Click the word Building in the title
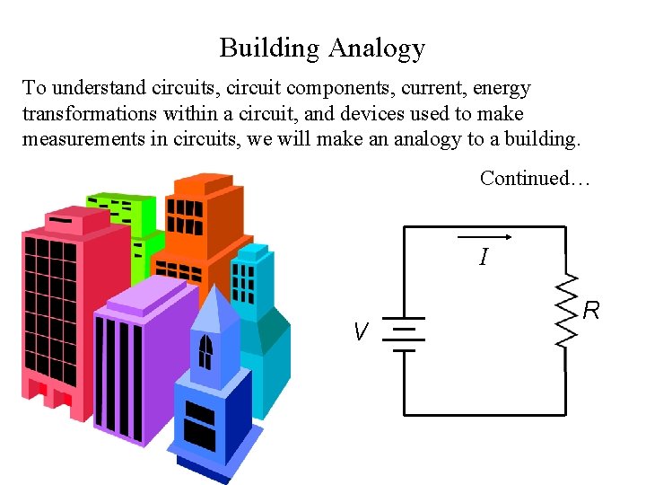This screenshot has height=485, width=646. [x=270, y=48]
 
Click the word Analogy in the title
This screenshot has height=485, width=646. [x=376, y=48]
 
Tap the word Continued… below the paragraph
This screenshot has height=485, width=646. [x=535, y=178]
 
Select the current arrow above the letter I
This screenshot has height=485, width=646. [x=484, y=238]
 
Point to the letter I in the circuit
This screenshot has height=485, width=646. [x=484, y=259]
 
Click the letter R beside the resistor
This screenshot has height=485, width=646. [x=591, y=312]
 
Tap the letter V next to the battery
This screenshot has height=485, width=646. [x=361, y=333]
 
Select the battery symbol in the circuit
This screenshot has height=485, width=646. [x=407, y=334]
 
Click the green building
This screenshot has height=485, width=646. [x=121, y=216]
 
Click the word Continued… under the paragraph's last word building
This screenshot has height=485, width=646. [x=535, y=178]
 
